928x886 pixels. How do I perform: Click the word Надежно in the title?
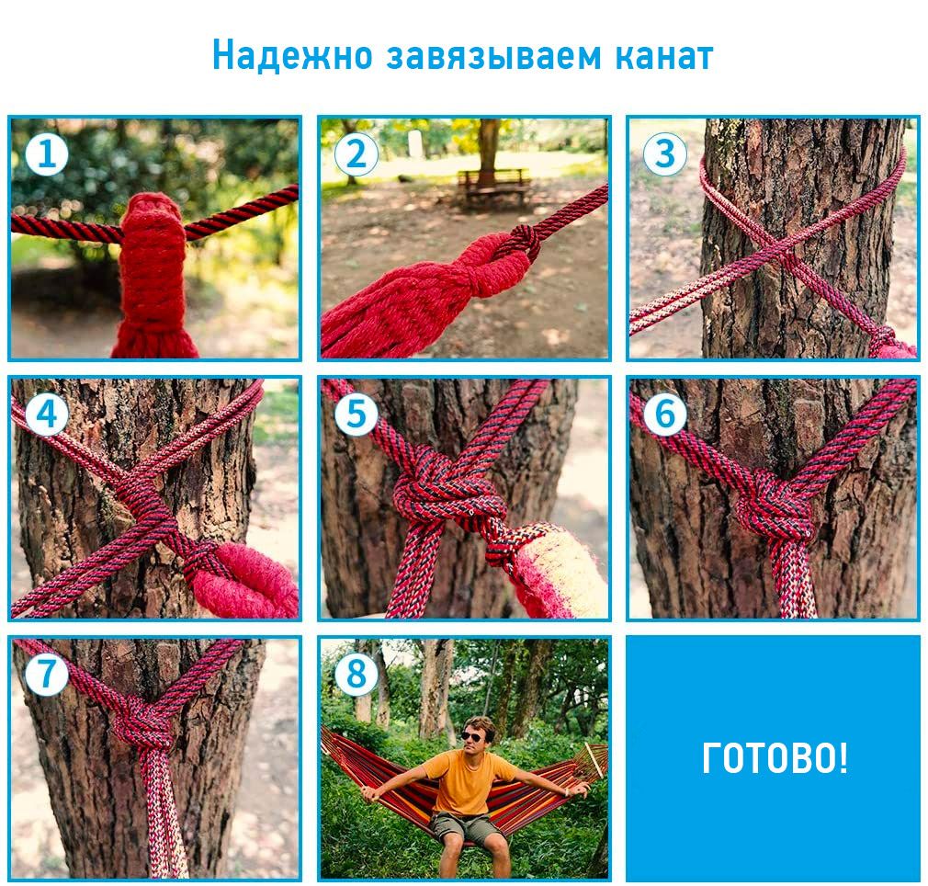(292, 56)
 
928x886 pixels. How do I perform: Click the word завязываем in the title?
(493, 57)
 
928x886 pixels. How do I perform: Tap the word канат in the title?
(664, 57)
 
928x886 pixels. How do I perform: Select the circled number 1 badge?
(47, 153)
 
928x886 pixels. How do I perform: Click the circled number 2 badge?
(356, 153)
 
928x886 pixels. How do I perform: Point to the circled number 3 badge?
(664, 153)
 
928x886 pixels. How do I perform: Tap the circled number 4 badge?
(47, 414)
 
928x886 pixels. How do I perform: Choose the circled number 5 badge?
(356, 414)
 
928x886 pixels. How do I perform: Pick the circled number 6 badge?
(664, 414)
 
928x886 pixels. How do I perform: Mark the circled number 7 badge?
(47, 674)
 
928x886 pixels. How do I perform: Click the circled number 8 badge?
(356, 674)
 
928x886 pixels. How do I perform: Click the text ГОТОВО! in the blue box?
(775, 758)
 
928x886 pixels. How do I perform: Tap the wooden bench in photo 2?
(494, 187)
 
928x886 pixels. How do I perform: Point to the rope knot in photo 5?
(450, 488)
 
